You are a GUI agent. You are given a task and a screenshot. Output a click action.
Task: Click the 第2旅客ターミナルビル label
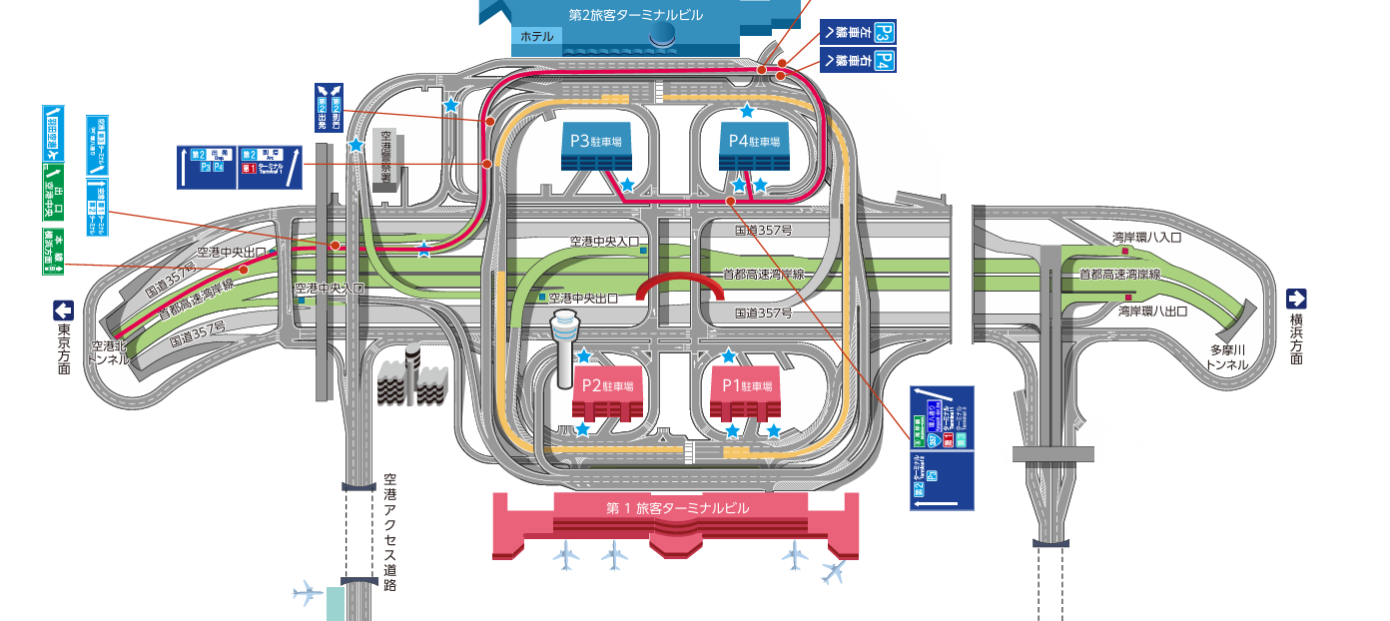point(636,15)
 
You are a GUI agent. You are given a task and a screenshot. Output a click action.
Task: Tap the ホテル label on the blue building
point(536,37)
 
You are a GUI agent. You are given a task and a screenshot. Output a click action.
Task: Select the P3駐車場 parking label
point(596,142)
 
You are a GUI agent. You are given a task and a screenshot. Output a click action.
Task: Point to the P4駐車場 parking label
point(754,142)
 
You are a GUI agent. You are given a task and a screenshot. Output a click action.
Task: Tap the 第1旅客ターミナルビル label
point(677,508)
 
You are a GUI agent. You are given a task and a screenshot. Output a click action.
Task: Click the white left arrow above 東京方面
point(64,310)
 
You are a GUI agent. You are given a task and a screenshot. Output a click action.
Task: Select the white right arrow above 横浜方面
point(1296,299)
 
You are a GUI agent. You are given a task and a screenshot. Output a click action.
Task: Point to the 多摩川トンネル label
point(1227,357)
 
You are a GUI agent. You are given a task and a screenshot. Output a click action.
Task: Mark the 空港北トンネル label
point(109,352)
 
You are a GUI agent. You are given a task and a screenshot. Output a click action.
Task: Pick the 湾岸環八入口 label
point(1147,238)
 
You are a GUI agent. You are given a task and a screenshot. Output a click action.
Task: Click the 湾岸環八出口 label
point(1152,311)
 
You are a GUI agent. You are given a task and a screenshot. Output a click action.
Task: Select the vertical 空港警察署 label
point(388,160)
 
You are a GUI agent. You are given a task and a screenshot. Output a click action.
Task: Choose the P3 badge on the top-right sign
point(884,33)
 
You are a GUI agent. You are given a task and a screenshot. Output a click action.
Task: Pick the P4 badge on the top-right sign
point(884,60)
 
